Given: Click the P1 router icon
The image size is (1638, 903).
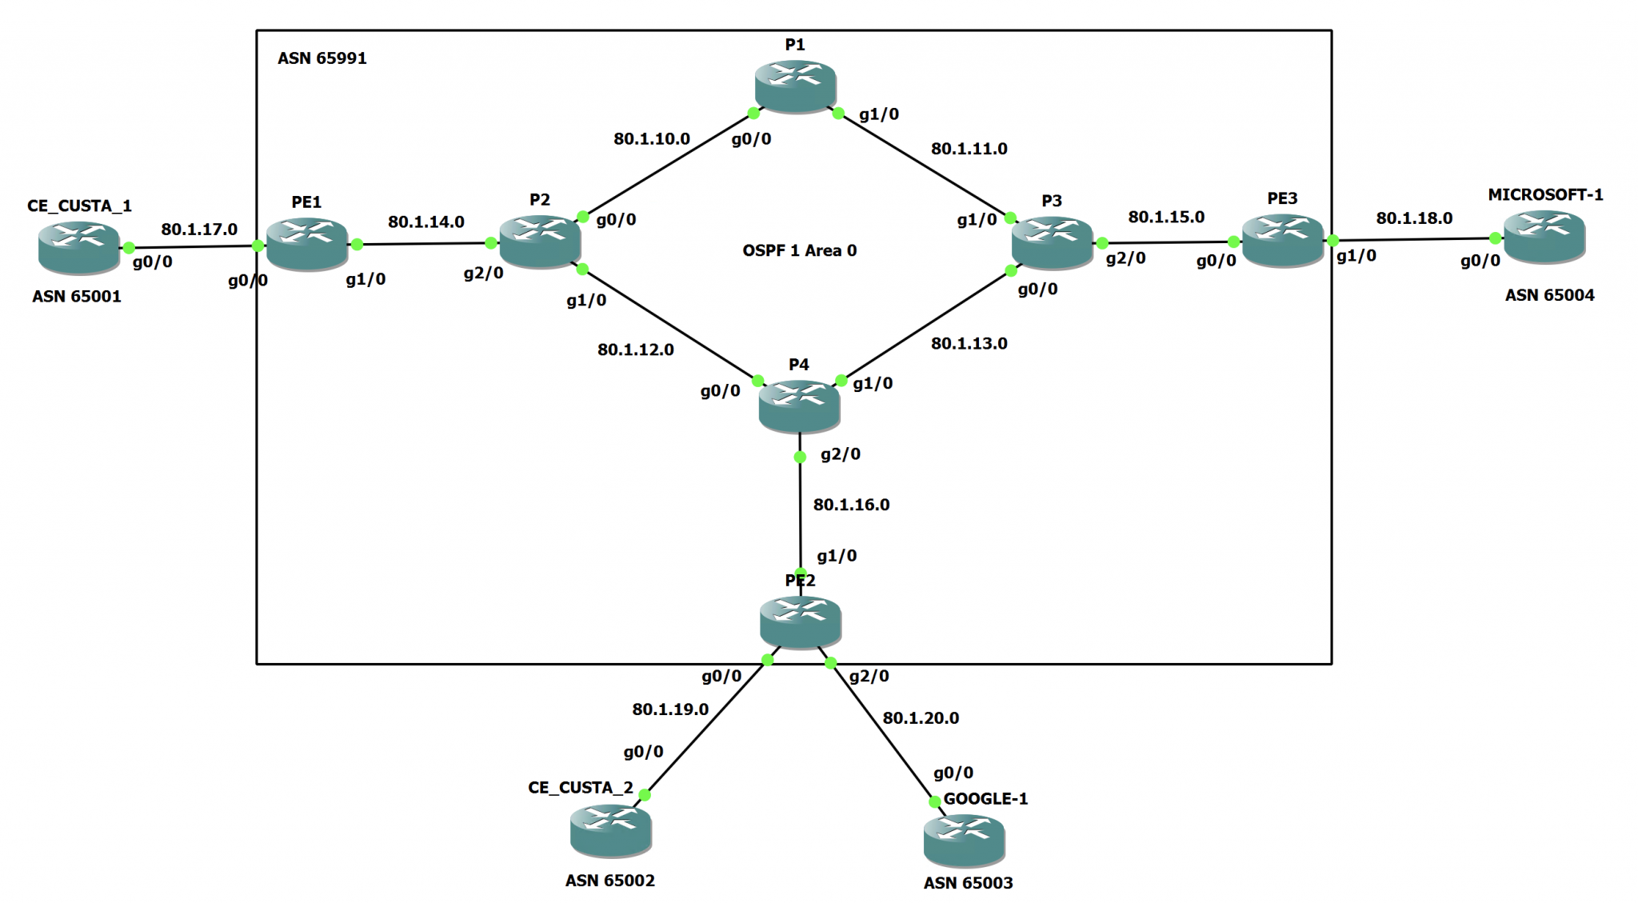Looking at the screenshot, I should (x=795, y=85).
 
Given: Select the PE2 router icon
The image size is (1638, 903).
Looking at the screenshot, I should (x=800, y=621).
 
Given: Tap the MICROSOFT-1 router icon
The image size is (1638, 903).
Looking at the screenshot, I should (x=1544, y=236).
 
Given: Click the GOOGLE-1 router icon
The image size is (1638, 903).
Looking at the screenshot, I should (x=964, y=840).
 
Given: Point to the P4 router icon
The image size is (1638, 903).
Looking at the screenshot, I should (x=799, y=406).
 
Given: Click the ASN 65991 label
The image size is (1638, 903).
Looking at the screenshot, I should (x=322, y=58).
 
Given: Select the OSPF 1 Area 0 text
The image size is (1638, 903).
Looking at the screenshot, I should (x=799, y=250).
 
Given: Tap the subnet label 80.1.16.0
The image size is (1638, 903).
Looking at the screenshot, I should (x=851, y=505).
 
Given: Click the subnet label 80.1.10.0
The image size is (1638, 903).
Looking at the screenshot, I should (x=651, y=138).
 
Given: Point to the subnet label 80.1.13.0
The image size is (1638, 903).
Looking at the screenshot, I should (x=969, y=343).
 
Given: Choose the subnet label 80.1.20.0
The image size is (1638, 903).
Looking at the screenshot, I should (x=921, y=718).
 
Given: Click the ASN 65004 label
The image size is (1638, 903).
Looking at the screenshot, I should (x=1549, y=295).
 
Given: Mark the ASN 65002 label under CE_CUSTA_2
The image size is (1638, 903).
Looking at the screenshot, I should (x=609, y=881).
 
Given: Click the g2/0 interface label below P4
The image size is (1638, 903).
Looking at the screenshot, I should (x=840, y=454).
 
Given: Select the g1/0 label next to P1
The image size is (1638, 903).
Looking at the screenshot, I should (x=878, y=114).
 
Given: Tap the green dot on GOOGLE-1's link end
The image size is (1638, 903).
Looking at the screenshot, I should (x=934, y=802).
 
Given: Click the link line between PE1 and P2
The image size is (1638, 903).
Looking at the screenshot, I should (x=424, y=243).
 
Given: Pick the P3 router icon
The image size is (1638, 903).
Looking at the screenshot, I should (x=1051, y=242).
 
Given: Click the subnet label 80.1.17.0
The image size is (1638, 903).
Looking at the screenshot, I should (x=199, y=230).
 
